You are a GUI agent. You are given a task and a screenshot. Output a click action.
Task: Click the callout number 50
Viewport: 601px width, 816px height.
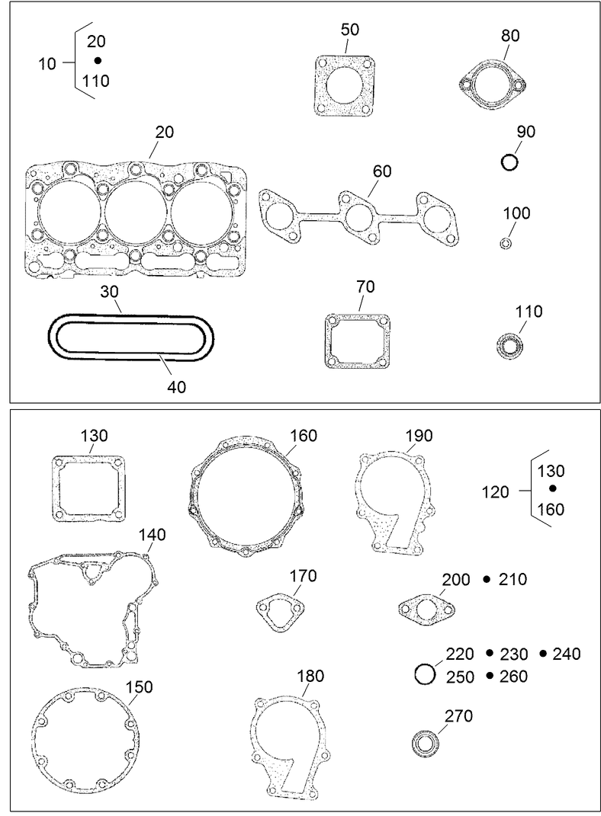(x=350, y=30)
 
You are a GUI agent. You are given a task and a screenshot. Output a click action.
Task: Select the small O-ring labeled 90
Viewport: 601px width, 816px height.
(x=509, y=162)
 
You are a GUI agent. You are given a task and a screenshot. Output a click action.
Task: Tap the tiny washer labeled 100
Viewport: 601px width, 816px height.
(x=506, y=243)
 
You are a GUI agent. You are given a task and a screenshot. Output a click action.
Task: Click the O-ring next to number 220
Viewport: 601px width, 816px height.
(x=425, y=674)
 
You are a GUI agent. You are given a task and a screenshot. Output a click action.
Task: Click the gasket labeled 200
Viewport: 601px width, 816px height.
(x=427, y=608)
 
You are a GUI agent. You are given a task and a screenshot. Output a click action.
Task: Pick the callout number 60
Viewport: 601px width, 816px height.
(x=381, y=171)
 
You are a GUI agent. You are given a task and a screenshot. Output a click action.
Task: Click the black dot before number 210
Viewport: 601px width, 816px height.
(x=487, y=580)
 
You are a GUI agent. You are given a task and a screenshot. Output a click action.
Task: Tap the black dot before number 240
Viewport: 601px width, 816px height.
(x=543, y=653)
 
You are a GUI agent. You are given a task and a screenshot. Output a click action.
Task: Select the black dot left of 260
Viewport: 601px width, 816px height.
(x=490, y=675)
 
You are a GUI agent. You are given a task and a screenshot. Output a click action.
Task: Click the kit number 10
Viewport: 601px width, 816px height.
(x=47, y=64)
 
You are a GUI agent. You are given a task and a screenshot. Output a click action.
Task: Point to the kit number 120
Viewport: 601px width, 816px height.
(x=496, y=492)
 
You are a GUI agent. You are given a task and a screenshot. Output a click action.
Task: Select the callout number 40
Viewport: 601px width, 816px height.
(x=176, y=387)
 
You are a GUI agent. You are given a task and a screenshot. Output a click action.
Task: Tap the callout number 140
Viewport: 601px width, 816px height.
(x=152, y=534)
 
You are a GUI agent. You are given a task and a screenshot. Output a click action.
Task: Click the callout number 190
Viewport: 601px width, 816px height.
(x=419, y=435)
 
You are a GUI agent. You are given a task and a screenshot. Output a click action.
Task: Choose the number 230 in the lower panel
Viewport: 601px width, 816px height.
(x=514, y=654)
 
